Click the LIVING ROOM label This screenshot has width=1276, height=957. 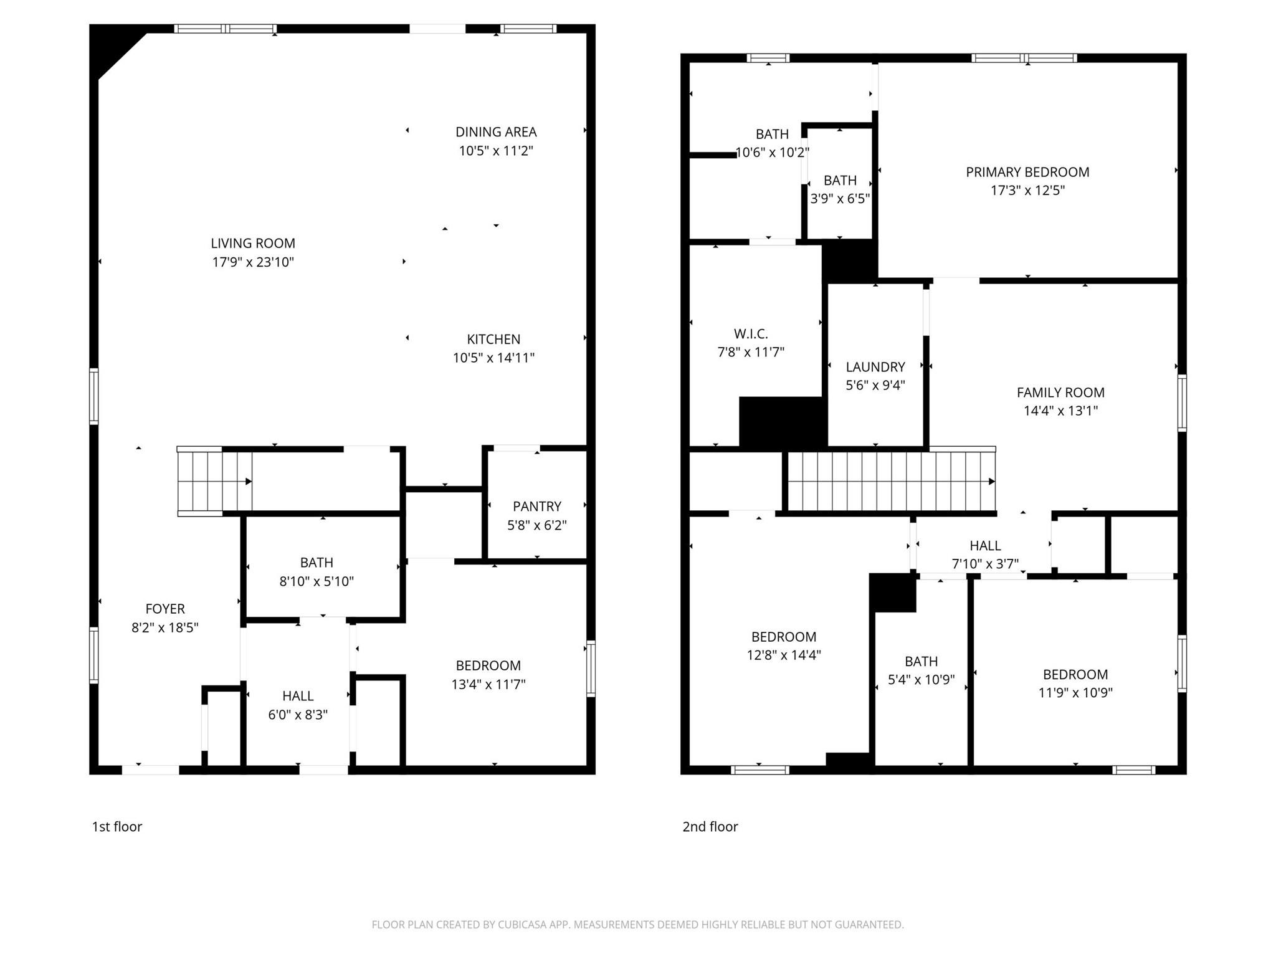click(252, 244)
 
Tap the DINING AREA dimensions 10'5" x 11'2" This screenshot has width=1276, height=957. click(496, 151)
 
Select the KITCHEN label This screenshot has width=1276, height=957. click(493, 340)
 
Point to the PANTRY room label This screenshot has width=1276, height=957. click(536, 507)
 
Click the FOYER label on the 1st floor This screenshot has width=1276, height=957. click(165, 609)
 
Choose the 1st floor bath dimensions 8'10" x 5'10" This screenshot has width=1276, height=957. click(317, 581)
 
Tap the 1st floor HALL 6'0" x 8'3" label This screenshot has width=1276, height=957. click(298, 705)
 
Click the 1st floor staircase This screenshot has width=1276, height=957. click(214, 481)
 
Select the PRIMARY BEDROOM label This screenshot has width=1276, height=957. click(1027, 173)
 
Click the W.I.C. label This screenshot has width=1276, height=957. click(751, 334)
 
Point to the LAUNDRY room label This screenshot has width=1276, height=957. click(875, 367)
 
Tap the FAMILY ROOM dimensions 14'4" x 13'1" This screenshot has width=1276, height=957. click(1060, 411)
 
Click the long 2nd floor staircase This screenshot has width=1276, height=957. click(891, 481)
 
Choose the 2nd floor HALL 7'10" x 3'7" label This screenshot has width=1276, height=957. click(985, 555)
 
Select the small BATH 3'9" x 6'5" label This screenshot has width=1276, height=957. click(840, 189)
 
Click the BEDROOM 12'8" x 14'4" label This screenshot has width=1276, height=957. click(784, 645)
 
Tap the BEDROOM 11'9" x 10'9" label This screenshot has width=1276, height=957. click(1075, 683)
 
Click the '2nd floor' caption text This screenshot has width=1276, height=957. click(710, 827)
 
